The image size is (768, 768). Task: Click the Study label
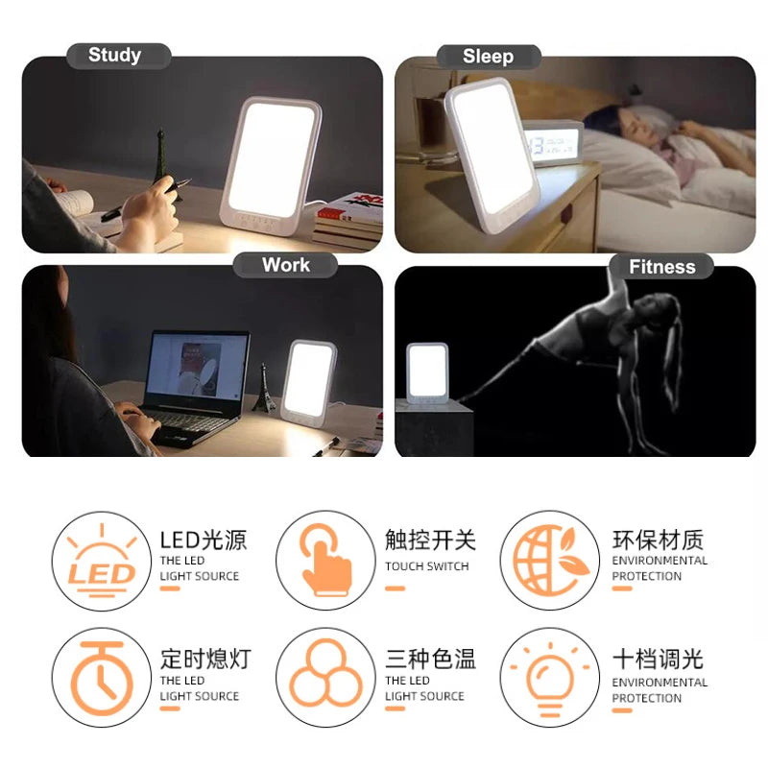[114, 55]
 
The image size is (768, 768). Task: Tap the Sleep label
[488, 57]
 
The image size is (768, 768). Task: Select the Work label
[285, 265]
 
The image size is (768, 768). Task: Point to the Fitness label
[661, 267]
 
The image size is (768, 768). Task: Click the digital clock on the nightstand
[553, 143]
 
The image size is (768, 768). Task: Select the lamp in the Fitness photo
[427, 373]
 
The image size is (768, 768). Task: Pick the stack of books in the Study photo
[348, 222]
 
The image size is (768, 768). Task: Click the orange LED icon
[102, 562]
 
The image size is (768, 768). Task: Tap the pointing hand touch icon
[325, 560]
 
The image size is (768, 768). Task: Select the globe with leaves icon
[550, 561]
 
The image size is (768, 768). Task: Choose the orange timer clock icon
[102, 679]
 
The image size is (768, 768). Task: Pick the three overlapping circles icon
[325, 673]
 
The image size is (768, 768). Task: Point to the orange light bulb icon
[550, 680]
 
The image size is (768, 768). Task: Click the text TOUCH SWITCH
[426, 566]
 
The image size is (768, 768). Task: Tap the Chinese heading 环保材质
[658, 540]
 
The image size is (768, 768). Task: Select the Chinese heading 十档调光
[658, 659]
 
